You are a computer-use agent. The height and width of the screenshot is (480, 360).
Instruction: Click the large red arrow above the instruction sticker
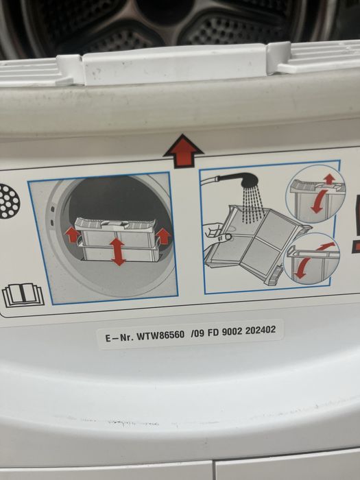[183, 152]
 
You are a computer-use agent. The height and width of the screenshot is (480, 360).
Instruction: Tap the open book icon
[23, 295]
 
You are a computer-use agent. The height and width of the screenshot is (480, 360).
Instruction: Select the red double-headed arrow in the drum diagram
[118, 252]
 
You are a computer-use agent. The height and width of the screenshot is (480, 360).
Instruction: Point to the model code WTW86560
[160, 335]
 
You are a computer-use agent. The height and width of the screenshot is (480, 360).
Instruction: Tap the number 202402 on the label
[261, 330]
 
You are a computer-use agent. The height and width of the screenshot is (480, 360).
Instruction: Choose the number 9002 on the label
[232, 331]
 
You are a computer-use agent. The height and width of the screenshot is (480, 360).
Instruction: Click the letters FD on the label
[213, 333]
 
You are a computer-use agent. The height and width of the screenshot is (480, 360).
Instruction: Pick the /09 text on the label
[197, 333]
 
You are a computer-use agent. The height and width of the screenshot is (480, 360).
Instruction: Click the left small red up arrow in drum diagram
[73, 235]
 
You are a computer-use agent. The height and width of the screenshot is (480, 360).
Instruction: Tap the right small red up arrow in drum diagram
[163, 237]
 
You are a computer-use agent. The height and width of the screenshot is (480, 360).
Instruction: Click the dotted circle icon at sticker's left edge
[9, 202]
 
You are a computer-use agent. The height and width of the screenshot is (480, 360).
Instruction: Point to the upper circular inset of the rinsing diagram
[315, 194]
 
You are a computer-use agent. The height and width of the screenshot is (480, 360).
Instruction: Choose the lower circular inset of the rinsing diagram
[311, 259]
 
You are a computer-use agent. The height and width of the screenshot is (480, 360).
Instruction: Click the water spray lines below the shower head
[252, 204]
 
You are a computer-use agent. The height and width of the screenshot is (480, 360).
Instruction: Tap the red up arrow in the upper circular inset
[329, 179]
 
